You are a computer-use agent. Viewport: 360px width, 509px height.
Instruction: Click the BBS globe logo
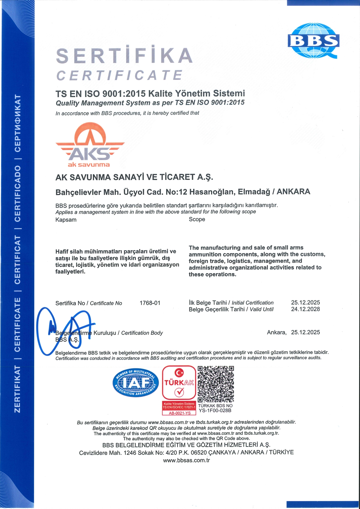pos(313,41)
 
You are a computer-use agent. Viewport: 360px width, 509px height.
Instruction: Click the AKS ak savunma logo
pos(90,145)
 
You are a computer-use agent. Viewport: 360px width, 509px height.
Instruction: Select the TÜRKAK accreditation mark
pos(179,383)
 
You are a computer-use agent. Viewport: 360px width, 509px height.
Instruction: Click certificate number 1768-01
pos(150,303)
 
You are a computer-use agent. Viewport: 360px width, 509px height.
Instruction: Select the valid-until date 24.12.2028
pos(305,309)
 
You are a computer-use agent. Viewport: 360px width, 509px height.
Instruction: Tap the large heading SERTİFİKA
pos(124,56)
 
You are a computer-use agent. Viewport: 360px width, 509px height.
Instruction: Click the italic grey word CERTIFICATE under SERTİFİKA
pos(119,75)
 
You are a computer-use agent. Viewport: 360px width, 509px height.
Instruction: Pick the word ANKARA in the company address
pos(293,192)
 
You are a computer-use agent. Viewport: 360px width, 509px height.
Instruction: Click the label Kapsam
pos(66,220)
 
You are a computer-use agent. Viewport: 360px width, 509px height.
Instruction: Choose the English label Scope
pos(197,219)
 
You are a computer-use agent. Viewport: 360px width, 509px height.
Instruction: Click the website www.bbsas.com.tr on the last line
pos(186,460)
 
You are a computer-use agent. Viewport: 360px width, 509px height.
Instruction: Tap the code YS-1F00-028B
pos(215,410)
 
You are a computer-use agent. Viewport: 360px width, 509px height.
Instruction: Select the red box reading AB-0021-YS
pos(179,413)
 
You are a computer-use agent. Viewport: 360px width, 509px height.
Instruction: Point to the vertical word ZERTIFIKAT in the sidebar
pos(18,389)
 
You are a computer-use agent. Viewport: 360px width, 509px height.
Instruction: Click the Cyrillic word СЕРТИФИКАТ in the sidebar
pos(18,123)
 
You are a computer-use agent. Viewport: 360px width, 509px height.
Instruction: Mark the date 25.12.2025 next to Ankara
pos(305,332)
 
